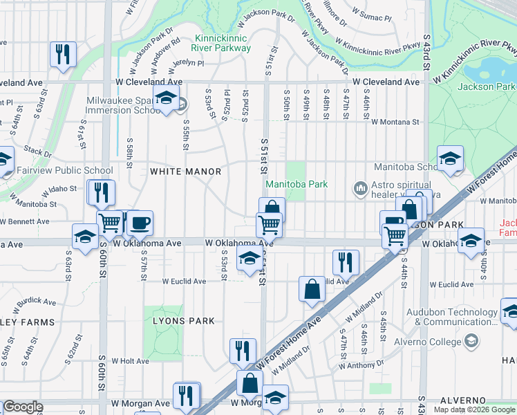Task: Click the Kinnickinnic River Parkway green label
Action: pyautogui.click(x=223, y=43)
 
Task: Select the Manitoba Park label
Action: pyautogui.click(x=297, y=184)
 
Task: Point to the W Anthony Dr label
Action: pyautogui.click(x=357, y=365)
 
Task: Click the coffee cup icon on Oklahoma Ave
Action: pyautogui.click(x=140, y=223)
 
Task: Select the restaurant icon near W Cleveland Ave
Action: pyautogui.click(x=63, y=54)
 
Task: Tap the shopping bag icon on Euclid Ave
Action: pyautogui.click(x=312, y=288)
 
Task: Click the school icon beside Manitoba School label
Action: pyautogui.click(x=450, y=158)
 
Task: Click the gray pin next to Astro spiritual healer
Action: pyautogui.click(x=359, y=188)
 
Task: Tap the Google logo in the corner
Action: pyautogui.click(x=23, y=407)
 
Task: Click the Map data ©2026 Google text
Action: pyautogui.click(x=474, y=409)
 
